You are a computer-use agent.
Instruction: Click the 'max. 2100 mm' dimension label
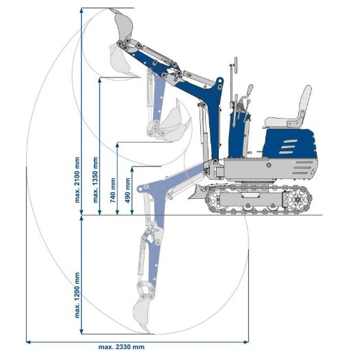pos(77,180)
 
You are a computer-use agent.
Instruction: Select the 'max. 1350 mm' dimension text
pos(95,180)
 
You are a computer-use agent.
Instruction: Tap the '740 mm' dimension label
pos(112,191)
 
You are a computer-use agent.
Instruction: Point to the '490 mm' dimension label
pos(128,191)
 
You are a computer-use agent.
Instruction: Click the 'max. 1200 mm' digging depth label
pos(77,295)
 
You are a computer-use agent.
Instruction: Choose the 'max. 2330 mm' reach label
pos(121,347)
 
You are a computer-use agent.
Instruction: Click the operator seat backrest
pos(304,105)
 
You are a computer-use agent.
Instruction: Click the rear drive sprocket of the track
pos(298,200)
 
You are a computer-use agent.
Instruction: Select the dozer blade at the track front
pos(196,192)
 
